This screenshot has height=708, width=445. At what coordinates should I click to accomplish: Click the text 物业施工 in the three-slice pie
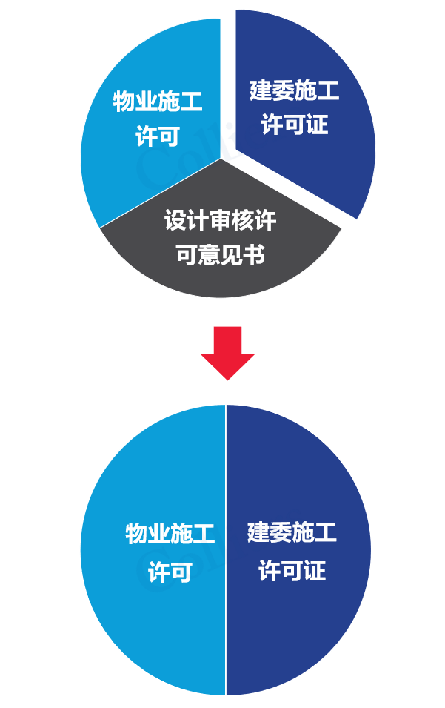click(158, 102)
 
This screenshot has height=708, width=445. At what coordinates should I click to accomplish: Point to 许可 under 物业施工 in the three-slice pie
click(158, 136)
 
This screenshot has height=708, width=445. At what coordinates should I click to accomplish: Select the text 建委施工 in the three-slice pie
click(294, 90)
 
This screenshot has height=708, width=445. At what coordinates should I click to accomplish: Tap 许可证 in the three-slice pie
click(294, 125)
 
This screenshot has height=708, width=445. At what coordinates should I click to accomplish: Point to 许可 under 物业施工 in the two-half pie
click(170, 572)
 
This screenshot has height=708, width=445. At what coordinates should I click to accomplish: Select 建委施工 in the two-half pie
click(292, 532)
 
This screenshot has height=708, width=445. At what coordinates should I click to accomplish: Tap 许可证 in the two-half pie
click(292, 571)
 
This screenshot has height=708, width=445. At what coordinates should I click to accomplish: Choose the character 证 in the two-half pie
click(315, 571)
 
